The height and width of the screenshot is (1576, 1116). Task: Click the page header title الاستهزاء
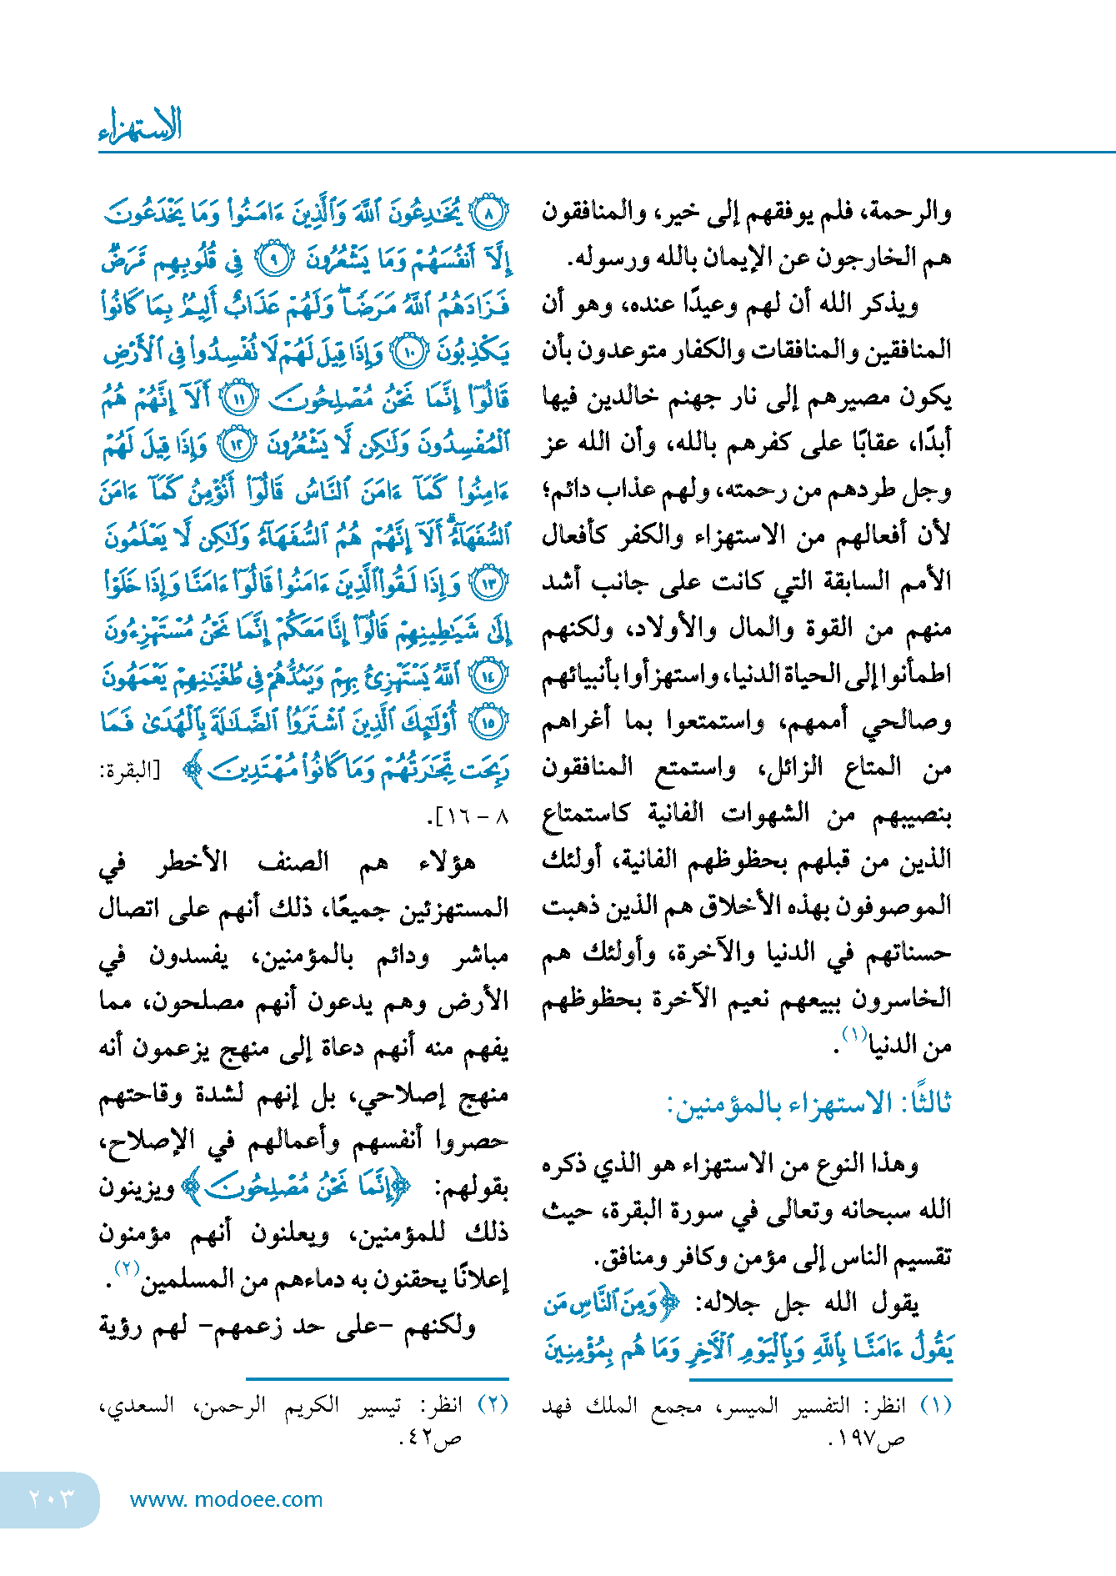tap(140, 125)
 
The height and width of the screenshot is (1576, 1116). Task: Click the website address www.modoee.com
tap(226, 1499)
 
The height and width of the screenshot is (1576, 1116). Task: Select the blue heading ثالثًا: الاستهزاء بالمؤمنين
tap(808, 1103)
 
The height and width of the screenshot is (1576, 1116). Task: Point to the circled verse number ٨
tap(489, 214)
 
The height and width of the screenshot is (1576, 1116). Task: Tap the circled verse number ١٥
tap(489, 722)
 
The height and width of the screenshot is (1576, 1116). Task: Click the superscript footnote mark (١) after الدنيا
tap(854, 1034)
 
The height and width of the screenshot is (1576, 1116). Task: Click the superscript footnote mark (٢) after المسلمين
tap(126, 1268)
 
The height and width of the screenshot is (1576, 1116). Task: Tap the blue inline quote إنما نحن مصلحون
tap(297, 1186)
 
